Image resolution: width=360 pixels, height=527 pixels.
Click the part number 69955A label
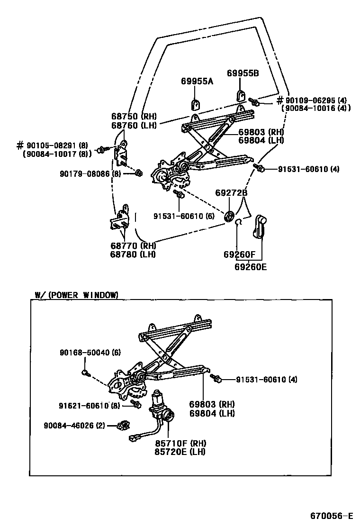(x=197, y=82)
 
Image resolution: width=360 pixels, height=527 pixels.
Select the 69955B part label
(x=243, y=73)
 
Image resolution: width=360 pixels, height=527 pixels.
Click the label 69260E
(x=251, y=267)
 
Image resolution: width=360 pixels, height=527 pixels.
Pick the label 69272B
(x=231, y=193)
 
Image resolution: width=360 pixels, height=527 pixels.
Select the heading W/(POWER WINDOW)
(x=76, y=295)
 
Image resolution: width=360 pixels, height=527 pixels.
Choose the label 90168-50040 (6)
(x=90, y=353)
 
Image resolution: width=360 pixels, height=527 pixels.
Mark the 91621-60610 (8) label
(x=89, y=406)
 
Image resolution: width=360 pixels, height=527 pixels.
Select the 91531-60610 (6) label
(x=184, y=216)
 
